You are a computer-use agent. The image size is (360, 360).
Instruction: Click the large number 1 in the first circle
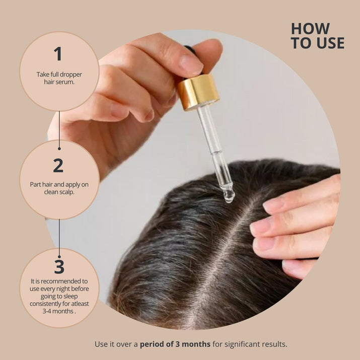(58, 54)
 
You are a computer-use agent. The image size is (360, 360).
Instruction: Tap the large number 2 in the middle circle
(58, 165)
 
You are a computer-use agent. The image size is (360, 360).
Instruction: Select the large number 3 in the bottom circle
(59, 266)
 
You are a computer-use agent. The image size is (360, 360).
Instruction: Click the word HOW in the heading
(310, 29)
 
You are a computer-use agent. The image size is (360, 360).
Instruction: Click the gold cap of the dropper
(197, 92)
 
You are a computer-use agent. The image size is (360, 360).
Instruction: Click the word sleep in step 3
(71, 297)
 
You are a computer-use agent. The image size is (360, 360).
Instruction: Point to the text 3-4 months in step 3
(59, 311)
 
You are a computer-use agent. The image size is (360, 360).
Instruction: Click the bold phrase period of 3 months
(175, 344)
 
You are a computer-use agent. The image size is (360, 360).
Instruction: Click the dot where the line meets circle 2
(59, 149)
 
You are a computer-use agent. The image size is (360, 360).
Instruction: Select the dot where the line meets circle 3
(59, 257)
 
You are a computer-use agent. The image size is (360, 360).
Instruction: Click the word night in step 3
(63, 289)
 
